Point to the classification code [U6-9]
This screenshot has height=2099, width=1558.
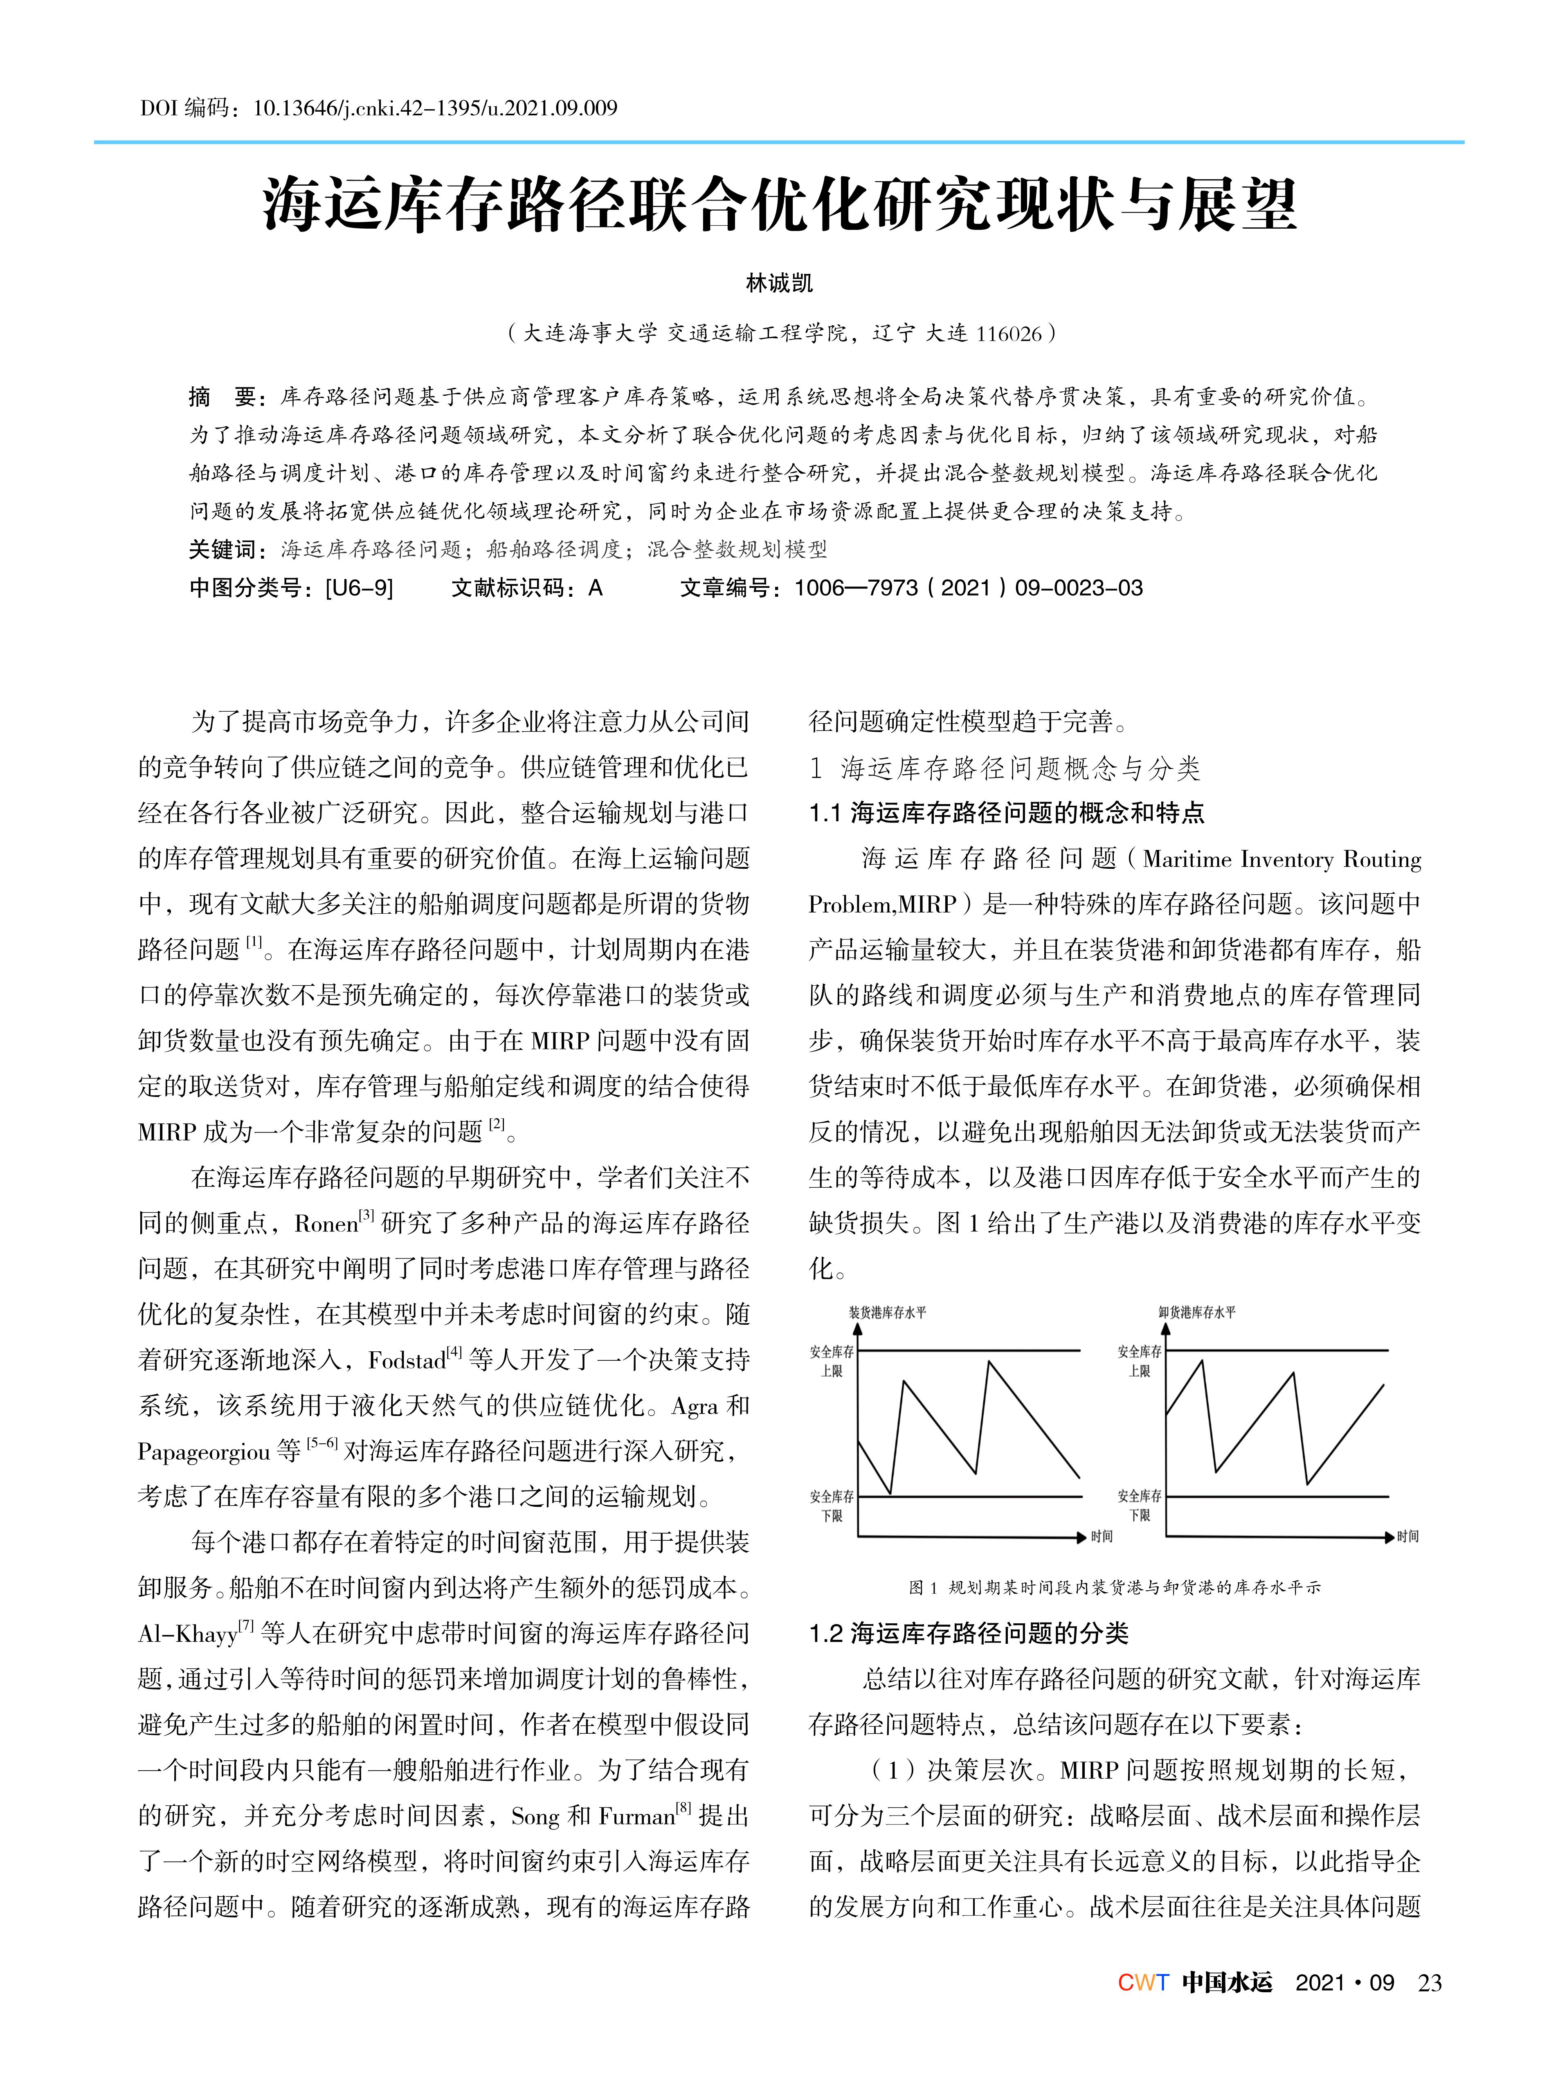[358, 589]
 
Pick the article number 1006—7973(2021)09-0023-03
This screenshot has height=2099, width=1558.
[968, 589]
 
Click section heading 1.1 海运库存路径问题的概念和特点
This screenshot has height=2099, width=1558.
[1006, 813]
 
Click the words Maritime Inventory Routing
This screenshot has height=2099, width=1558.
[1281, 859]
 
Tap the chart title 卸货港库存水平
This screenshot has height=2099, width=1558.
[1196, 1312]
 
